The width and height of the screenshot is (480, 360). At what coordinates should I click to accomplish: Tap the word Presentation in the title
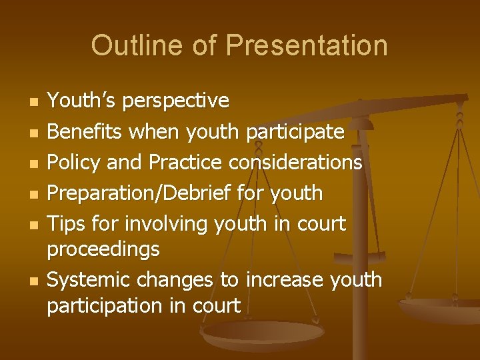(x=307, y=45)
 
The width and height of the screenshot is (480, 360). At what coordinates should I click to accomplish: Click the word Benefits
(x=85, y=132)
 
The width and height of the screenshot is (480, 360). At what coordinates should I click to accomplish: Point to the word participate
(x=295, y=132)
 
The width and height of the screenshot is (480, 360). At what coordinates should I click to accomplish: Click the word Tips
(x=64, y=224)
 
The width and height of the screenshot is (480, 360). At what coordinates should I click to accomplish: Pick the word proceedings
(x=103, y=249)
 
